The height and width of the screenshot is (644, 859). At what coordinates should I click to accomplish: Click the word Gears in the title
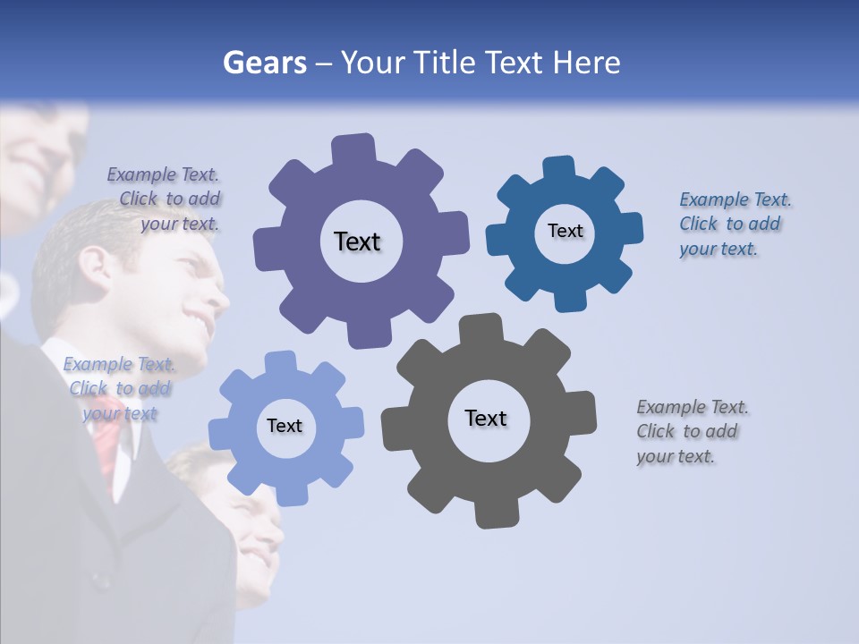click(264, 64)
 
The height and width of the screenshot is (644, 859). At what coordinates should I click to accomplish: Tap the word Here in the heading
click(586, 64)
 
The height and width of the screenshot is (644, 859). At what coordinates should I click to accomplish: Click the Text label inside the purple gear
click(357, 241)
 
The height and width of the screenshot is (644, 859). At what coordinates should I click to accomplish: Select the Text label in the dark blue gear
click(565, 231)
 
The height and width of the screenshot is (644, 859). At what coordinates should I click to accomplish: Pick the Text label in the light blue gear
click(285, 426)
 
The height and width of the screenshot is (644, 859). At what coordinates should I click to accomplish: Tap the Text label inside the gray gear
click(486, 418)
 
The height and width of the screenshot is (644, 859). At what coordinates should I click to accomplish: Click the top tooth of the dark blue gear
click(559, 168)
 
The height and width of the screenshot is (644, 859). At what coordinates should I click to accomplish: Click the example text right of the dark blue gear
click(735, 224)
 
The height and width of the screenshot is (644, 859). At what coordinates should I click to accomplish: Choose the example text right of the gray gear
click(692, 431)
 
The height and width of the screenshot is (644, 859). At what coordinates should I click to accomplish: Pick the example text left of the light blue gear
click(119, 388)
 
